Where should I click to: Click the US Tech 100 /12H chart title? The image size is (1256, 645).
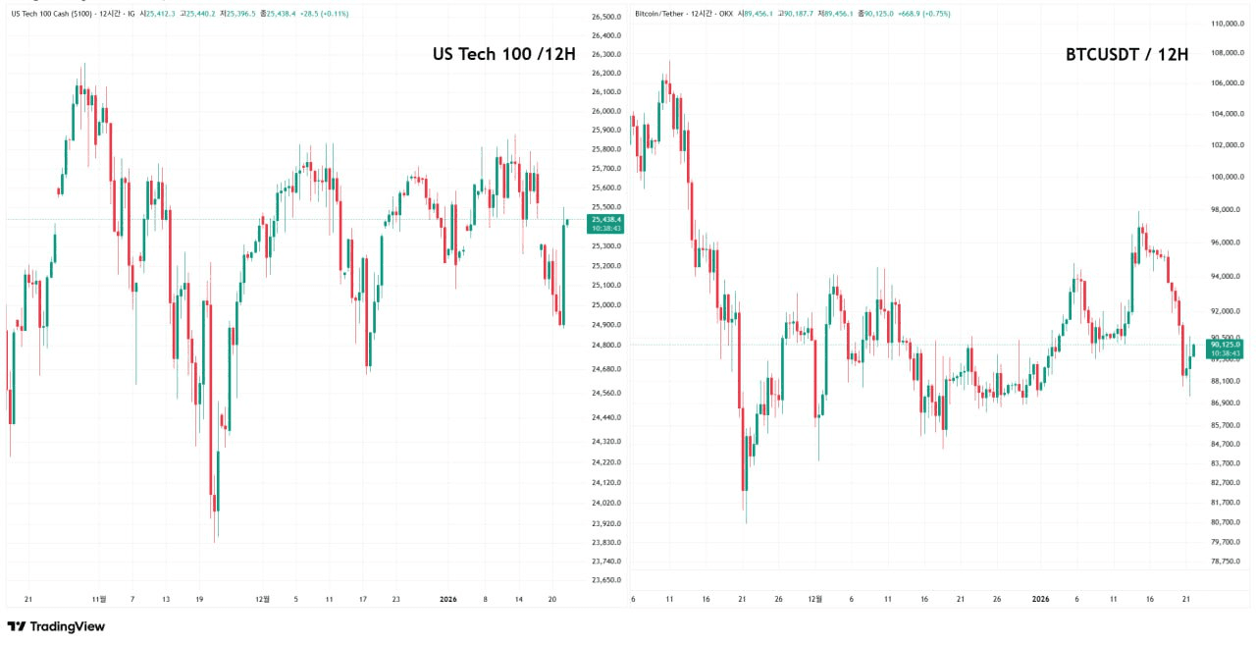pos(503,54)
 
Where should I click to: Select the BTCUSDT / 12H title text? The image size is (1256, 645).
pos(1126,54)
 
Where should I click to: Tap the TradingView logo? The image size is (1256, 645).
pos(56,626)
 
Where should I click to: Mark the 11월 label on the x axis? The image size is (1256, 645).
pos(98,598)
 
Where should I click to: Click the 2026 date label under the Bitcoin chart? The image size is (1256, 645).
pos(1040,598)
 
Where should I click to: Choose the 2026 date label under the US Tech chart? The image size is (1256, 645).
pos(447,598)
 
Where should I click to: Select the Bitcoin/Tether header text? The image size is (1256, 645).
pos(658,14)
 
